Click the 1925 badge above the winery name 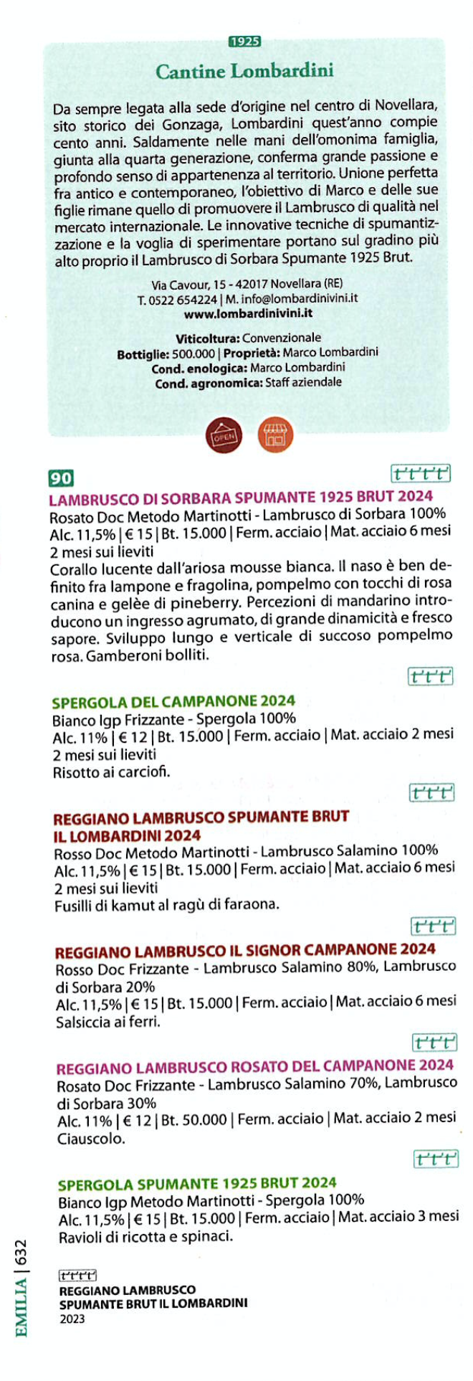coord(244,42)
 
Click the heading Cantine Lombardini coord(244,72)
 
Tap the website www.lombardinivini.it coord(248,313)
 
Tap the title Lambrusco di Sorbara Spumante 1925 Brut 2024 coord(241,496)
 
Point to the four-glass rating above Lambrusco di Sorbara coord(421,474)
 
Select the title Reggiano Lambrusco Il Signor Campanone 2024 coord(245,951)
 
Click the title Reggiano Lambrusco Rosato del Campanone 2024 coord(255,1066)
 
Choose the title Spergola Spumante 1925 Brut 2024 coord(197,1183)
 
